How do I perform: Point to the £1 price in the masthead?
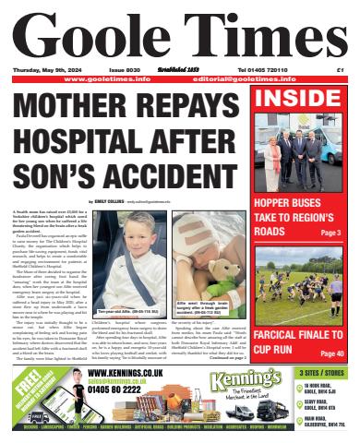340,69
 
